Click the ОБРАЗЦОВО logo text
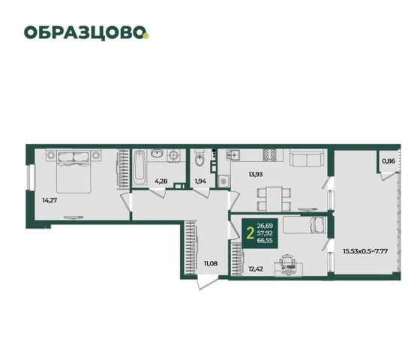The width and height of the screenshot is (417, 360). coord(85,33)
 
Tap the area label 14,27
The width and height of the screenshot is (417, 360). coord(49,200)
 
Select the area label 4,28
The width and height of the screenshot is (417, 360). coord(161,181)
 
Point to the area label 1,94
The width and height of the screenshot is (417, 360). coord(200,181)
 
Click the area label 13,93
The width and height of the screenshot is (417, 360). coord(256,174)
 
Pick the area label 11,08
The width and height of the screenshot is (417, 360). coord(211,263)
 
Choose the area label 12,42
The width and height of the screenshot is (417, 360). coord(256,268)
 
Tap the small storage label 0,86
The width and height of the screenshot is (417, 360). coord(388,160)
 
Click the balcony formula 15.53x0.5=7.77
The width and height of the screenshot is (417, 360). coord(365,250)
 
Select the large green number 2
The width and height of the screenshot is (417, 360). coord(250,233)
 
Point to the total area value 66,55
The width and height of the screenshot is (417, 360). coord(265,241)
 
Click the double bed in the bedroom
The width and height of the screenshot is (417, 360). coord(73,172)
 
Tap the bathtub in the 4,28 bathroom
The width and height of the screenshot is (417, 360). coord(139,168)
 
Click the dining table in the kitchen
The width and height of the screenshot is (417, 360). coord(274,199)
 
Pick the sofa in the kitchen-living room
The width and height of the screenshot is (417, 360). coord(307,158)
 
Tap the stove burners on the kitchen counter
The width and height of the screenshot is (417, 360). coord(270,155)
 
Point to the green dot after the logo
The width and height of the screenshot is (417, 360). coord(146,36)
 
